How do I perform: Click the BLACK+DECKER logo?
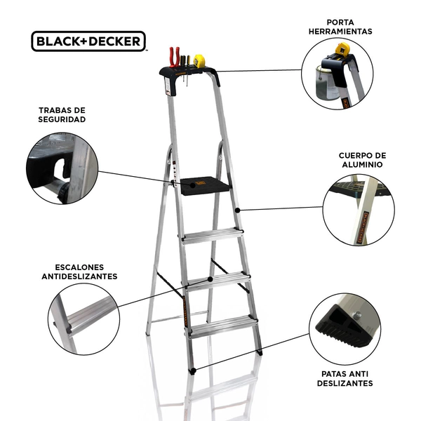coord(88,41)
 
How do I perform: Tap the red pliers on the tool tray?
coord(174,57)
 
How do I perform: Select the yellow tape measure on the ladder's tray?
coord(199,61)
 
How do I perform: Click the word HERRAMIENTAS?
coord(340,32)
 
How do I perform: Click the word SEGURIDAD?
coord(62,119)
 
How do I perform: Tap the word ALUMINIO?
coord(362,165)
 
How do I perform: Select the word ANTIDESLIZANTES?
coord(79,276)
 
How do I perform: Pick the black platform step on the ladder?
coord(205,185)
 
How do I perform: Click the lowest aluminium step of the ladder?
coord(223,326)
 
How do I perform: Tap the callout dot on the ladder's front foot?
coord(194,370)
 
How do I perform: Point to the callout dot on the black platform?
coord(192,185)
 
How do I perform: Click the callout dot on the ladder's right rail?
coord(237,210)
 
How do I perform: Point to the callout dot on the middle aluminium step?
coord(210,279)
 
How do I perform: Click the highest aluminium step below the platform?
coord(213,236)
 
